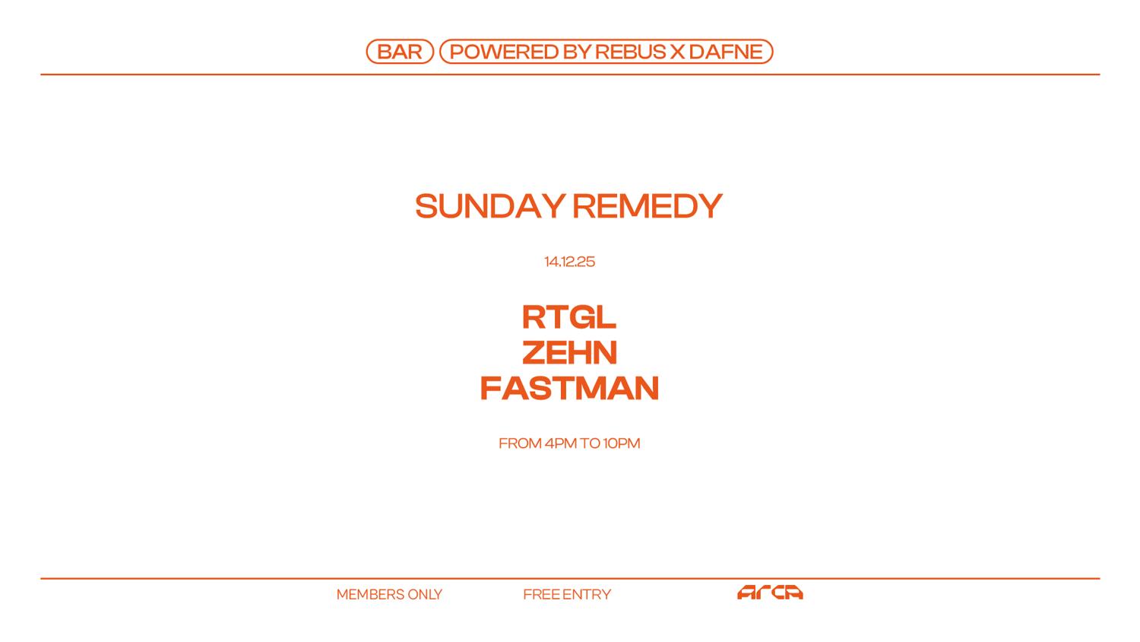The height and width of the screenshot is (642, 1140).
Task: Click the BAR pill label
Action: [400, 52]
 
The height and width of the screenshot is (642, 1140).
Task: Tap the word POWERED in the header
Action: [504, 52]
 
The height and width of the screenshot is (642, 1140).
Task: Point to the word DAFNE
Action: [727, 52]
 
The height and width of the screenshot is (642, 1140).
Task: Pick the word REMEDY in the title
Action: [647, 206]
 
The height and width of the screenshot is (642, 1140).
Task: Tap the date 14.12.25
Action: [569, 262]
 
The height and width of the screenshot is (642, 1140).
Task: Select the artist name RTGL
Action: [569, 317]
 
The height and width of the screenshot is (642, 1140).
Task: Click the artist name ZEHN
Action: [569, 352]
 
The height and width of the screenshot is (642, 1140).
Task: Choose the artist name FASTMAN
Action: [569, 388]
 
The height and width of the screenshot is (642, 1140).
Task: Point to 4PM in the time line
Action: [560, 443]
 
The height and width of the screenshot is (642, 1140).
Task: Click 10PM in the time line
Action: [622, 443]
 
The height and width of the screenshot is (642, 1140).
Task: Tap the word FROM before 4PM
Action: [520, 443]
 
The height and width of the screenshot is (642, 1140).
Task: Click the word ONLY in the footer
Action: [425, 595]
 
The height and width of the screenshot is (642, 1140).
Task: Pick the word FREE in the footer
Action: [541, 595]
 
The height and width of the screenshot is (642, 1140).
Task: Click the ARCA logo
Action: [770, 593]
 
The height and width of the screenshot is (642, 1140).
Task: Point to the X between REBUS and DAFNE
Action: [678, 52]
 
